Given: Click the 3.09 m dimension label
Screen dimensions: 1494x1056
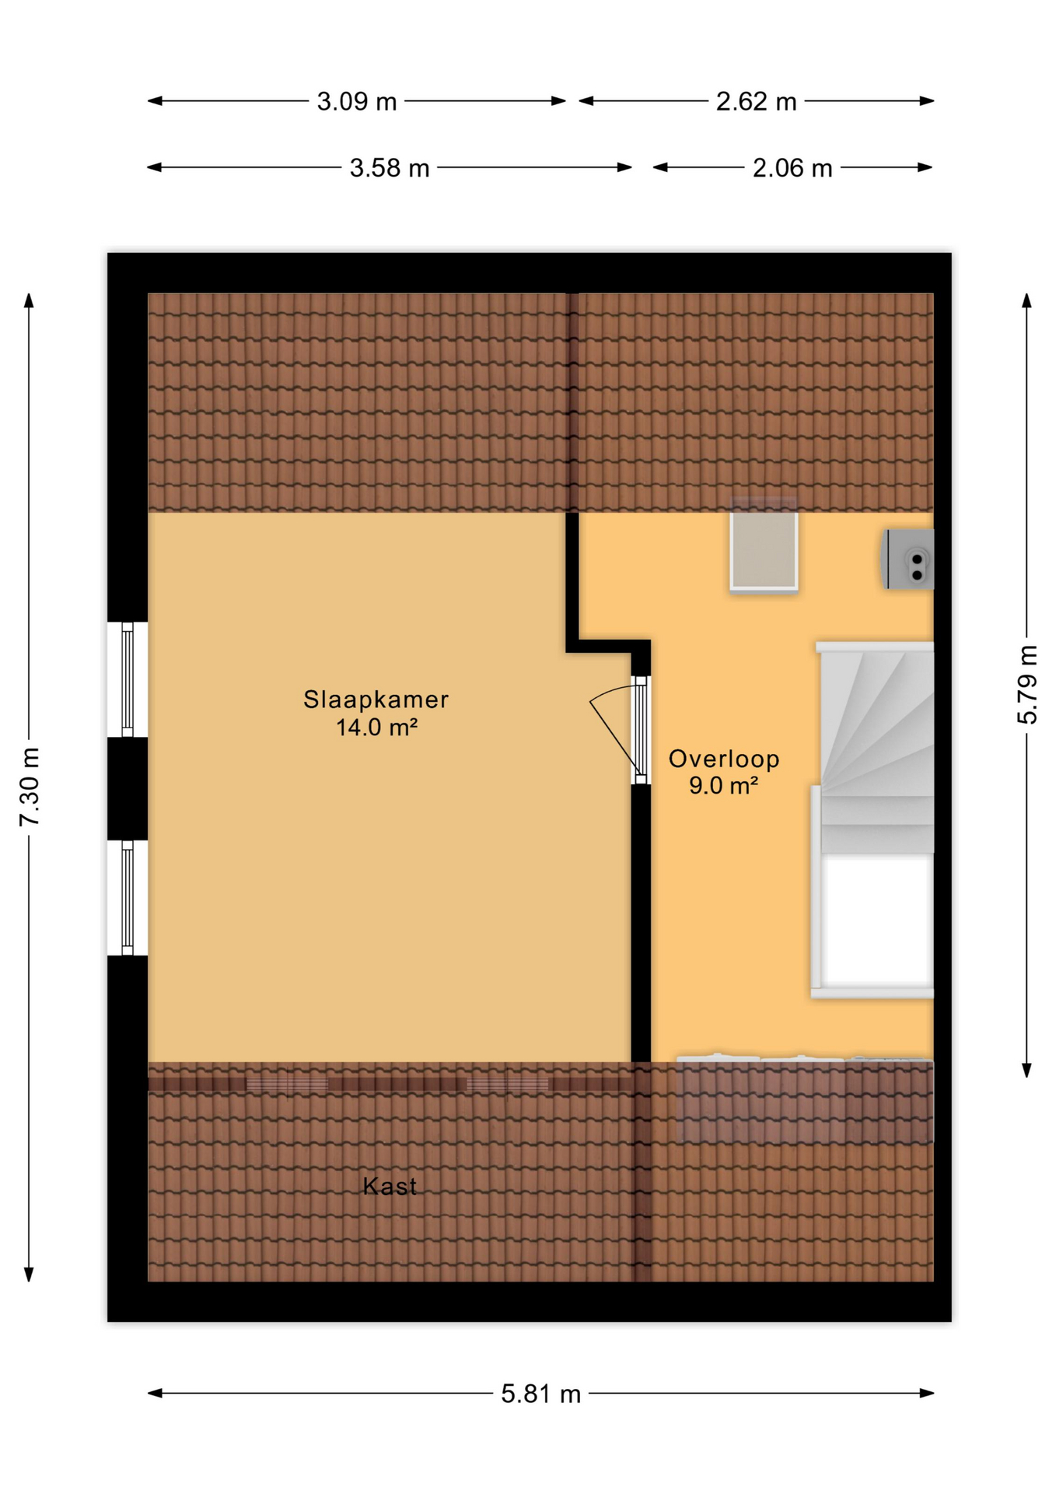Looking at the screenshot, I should [356, 102].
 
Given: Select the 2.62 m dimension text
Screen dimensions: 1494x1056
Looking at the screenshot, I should [756, 102].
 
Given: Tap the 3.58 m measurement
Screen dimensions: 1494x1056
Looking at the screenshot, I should [389, 168].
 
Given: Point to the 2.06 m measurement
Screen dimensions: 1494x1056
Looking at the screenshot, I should [792, 168].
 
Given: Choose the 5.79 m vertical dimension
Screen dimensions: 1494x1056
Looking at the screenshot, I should [1027, 685].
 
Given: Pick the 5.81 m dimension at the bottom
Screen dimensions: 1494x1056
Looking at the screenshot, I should [540, 1394].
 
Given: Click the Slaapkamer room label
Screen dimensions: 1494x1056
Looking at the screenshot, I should [376, 700].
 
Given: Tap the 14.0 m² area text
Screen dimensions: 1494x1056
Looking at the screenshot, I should [376, 728].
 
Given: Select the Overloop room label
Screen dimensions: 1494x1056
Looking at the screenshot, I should [723, 759].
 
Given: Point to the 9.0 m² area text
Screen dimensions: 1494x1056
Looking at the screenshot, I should [723, 786].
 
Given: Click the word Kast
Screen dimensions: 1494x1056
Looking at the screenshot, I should [390, 1187].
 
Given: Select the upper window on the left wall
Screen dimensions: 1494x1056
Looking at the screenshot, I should [128, 679].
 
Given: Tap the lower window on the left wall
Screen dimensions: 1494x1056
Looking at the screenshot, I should [128, 897].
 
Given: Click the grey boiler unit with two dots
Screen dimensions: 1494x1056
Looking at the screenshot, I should [910, 559].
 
